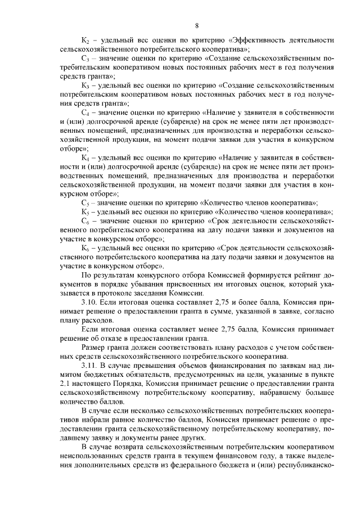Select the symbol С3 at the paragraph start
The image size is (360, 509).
(85, 58)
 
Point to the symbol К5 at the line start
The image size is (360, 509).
(85, 212)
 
